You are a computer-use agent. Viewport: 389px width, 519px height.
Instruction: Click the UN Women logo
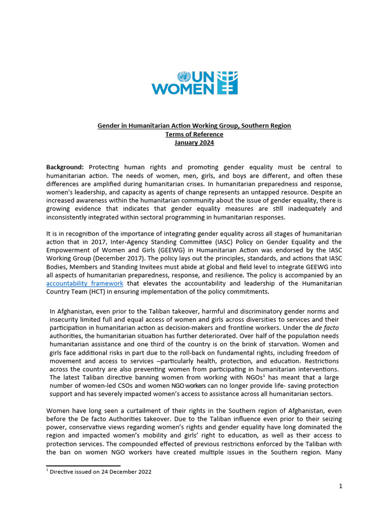tap(194, 83)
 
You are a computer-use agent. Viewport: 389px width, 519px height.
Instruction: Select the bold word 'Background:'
tap(66, 167)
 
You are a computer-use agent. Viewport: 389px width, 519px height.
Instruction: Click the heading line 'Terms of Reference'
tap(194, 134)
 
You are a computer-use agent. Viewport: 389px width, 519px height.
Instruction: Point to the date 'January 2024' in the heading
tap(194, 143)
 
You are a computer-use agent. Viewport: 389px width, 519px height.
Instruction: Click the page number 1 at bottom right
tap(341, 487)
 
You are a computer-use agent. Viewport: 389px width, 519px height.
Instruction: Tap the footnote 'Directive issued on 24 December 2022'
tap(100, 472)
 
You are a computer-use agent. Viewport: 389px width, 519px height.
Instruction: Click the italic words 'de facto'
tap(327, 328)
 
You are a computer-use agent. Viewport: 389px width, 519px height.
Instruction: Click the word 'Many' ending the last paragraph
tap(332, 452)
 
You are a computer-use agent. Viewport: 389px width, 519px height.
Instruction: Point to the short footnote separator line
tap(83, 465)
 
